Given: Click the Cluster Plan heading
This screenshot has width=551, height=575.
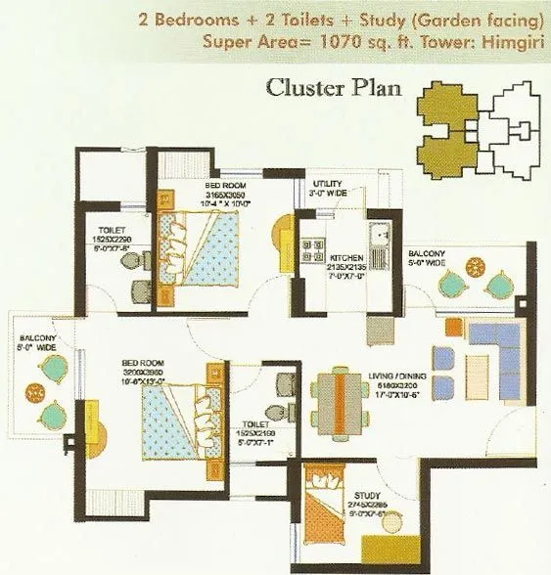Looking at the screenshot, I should click(334, 88).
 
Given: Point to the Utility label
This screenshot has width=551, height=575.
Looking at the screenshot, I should click(327, 184).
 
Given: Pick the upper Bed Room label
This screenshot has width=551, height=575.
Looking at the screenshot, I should click(225, 184).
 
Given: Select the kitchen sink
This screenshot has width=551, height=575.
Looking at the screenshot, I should click(378, 235).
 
